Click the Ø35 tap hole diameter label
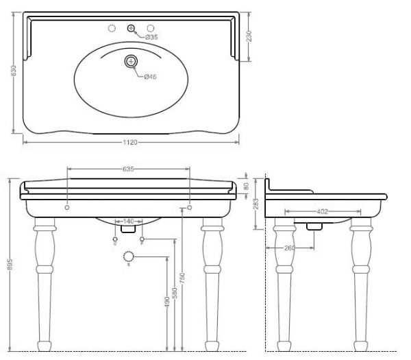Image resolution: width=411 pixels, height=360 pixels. (x=151, y=37)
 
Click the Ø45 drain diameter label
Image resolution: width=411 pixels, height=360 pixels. (x=151, y=76)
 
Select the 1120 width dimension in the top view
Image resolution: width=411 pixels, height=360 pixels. (x=131, y=143)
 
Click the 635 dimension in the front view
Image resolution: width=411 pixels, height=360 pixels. (x=128, y=169)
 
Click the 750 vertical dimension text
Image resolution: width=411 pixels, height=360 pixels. (x=182, y=278)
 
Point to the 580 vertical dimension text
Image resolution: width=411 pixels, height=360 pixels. (x=175, y=291)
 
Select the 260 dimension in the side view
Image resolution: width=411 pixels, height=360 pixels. (x=290, y=248)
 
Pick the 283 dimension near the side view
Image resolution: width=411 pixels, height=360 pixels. (x=254, y=204)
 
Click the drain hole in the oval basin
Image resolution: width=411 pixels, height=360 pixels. (x=130, y=62)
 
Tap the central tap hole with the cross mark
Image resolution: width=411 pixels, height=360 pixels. (x=131, y=28)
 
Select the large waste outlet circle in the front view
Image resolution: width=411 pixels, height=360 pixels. (x=128, y=256)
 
